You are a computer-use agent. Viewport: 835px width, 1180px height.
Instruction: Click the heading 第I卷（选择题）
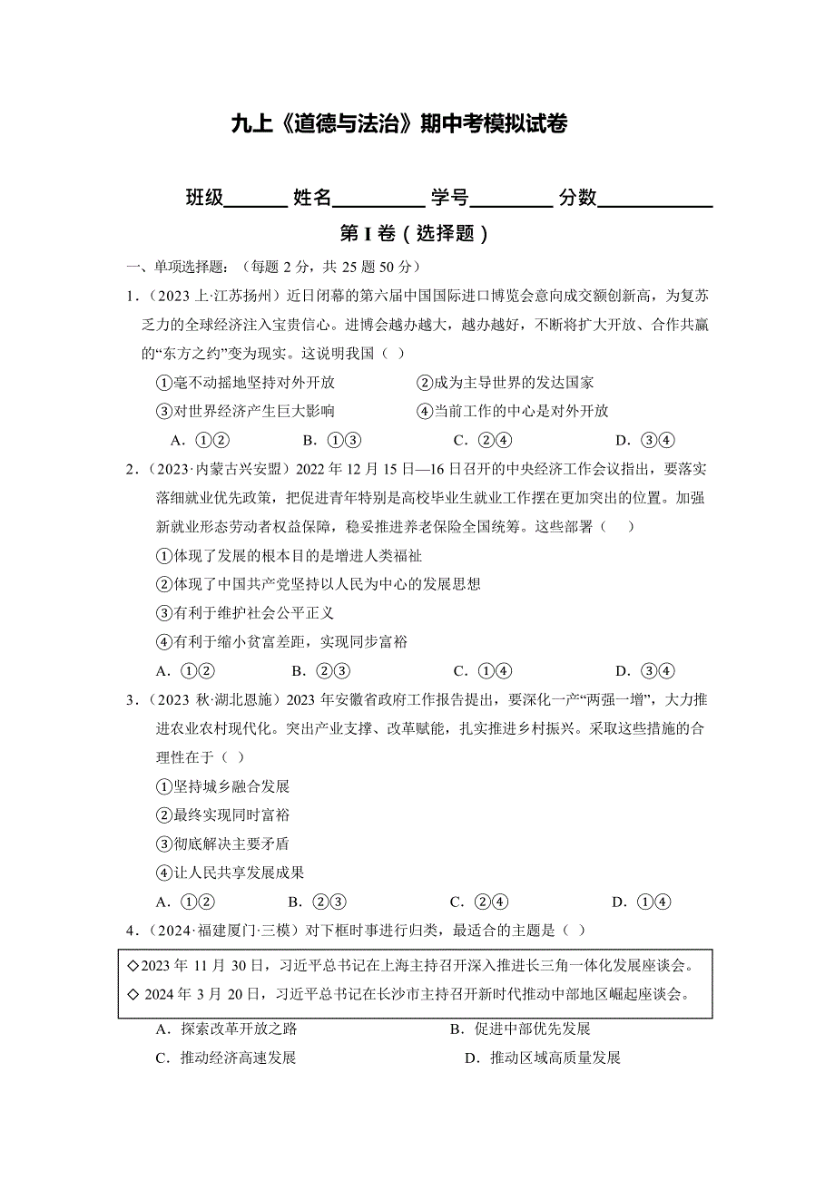[x=414, y=234]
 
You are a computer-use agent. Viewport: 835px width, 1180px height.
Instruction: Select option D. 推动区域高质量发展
[x=542, y=1058]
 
